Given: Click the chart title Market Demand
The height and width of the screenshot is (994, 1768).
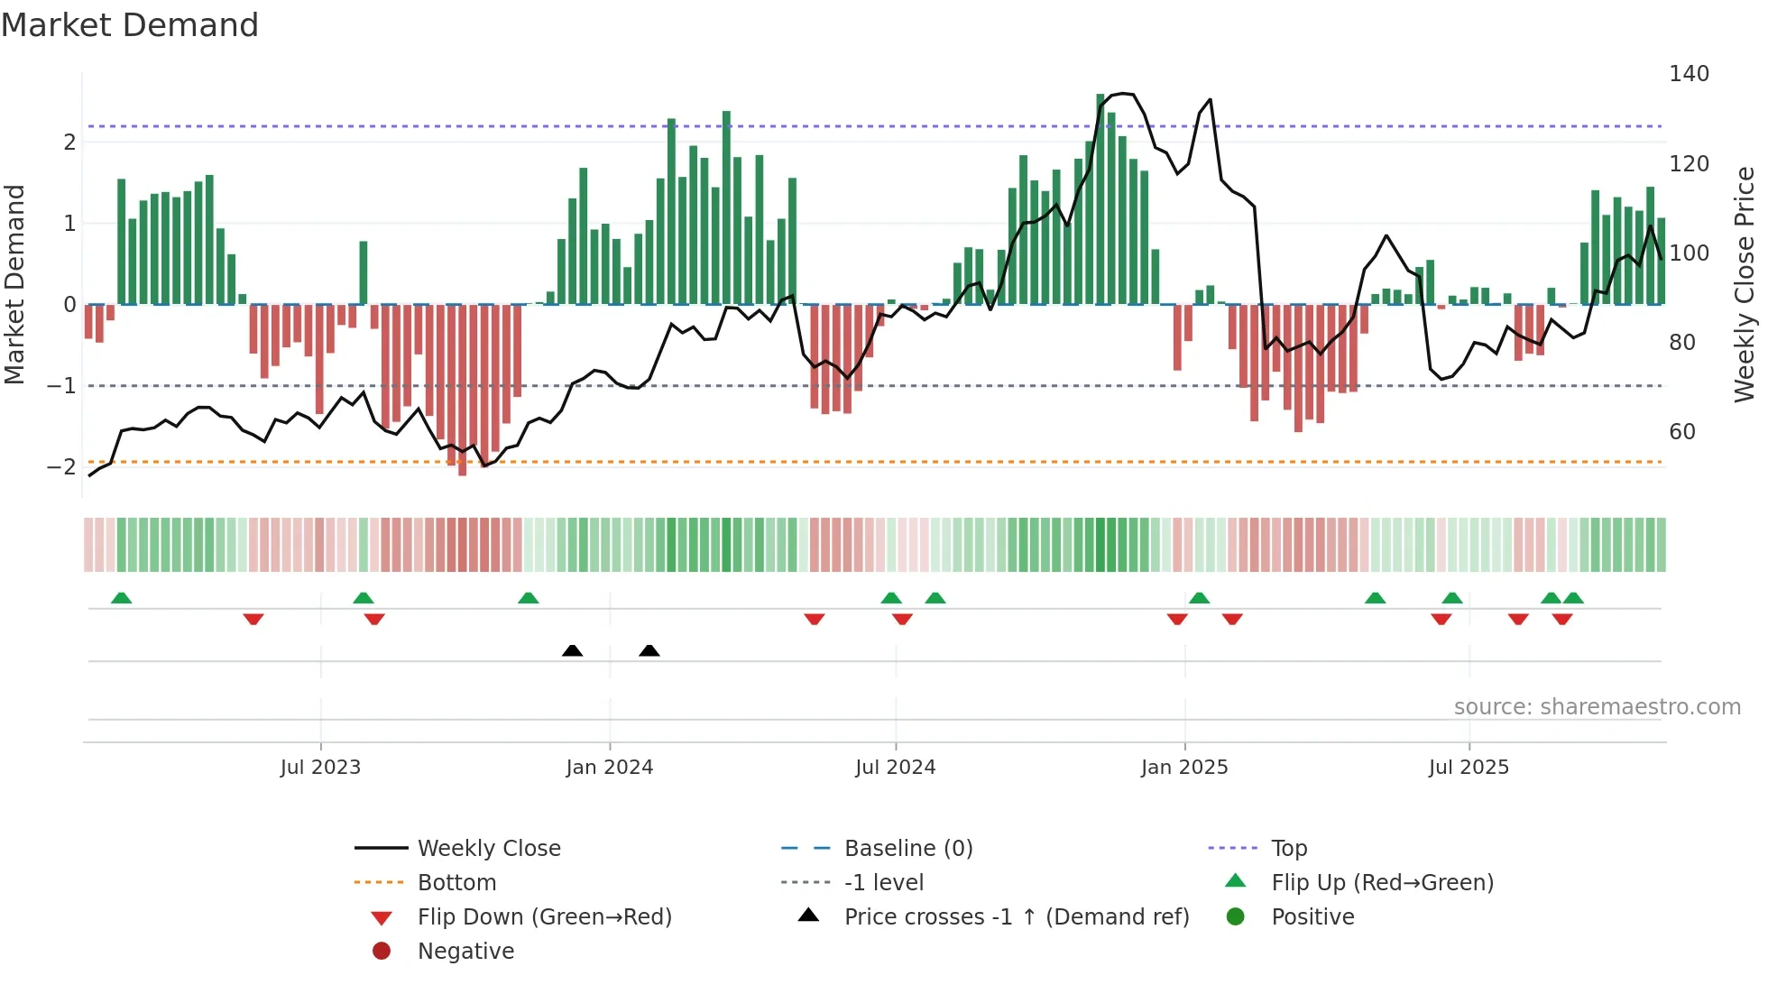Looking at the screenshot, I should pyautogui.click(x=130, y=25).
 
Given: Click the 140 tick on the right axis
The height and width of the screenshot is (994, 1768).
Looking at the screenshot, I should pyautogui.click(x=1689, y=74).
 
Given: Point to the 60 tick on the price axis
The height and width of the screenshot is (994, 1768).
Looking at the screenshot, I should pyautogui.click(x=1681, y=432).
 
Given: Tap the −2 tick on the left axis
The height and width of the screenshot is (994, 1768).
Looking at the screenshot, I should pyautogui.click(x=61, y=467).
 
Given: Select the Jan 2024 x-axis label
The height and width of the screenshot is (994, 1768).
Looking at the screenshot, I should pyautogui.click(x=609, y=768).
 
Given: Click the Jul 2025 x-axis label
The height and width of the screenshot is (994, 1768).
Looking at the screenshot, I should pyautogui.click(x=1468, y=768).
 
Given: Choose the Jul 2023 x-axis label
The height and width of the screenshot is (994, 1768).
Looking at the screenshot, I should pyautogui.click(x=320, y=768).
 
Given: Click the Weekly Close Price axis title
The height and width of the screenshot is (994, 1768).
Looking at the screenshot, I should pyautogui.click(x=1745, y=284).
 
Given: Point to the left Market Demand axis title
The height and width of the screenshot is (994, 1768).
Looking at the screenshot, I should pyautogui.click(x=14, y=284).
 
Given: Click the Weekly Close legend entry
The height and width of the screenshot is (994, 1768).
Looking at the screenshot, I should pyautogui.click(x=488, y=849).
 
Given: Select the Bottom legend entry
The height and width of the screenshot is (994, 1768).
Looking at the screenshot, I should pyautogui.click(x=456, y=883).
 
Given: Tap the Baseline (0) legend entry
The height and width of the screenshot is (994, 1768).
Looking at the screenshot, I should pyautogui.click(x=907, y=849).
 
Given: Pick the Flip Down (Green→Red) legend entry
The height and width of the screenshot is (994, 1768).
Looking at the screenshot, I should pyautogui.click(x=544, y=917).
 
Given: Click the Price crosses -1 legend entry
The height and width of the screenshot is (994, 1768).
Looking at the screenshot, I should pyautogui.click(x=1016, y=917).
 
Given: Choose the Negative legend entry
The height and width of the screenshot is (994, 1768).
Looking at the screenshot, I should pyautogui.click(x=465, y=952).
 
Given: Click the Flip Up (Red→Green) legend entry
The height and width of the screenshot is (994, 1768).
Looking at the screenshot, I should pyautogui.click(x=1382, y=883).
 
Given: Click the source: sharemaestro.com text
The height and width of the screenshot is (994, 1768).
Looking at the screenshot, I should pyautogui.click(x=1597, y=707).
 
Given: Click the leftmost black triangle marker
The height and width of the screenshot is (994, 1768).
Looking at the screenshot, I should pyautogui.click(x=572, y=650).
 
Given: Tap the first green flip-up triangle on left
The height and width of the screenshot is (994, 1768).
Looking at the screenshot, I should pyautogui.click(x=121, y=598).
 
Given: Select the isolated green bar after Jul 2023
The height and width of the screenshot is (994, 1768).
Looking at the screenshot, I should pyautogui.click(x=364, y=272).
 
